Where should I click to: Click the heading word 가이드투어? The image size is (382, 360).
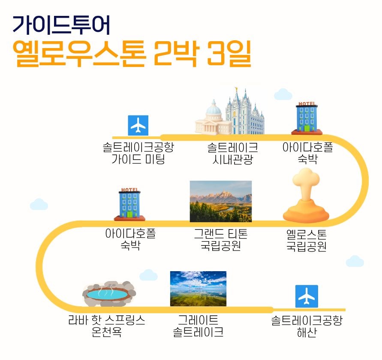tap(61, 24)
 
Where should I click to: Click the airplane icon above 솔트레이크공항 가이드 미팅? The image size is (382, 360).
tap(138, 125)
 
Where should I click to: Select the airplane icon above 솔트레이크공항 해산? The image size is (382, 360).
tap(307, 296)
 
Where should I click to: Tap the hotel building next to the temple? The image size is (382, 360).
tap(307, 118)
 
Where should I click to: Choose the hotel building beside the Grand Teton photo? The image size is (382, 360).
tap(129, 204)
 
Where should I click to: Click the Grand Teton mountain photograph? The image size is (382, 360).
tap(221, 201)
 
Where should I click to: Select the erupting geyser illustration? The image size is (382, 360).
tap(306, 195)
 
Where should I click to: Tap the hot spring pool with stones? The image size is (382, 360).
tap(109, 294)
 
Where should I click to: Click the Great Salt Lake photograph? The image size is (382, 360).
tap(198, 288)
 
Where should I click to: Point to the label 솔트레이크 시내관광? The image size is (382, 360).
tap(233, 154)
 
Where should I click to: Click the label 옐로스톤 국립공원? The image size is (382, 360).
tap(306, 240)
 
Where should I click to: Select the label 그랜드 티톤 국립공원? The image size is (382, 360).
tap(221, 240)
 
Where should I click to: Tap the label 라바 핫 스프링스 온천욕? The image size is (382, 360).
tap(107, 326)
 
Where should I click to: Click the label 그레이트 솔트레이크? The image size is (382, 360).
tap(198, 326)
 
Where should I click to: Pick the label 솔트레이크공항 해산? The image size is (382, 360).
tap(307, 326)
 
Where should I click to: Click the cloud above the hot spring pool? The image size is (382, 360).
tap(148, 275)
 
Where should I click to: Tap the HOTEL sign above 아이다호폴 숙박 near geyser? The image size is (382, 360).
tap(307, 104)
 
